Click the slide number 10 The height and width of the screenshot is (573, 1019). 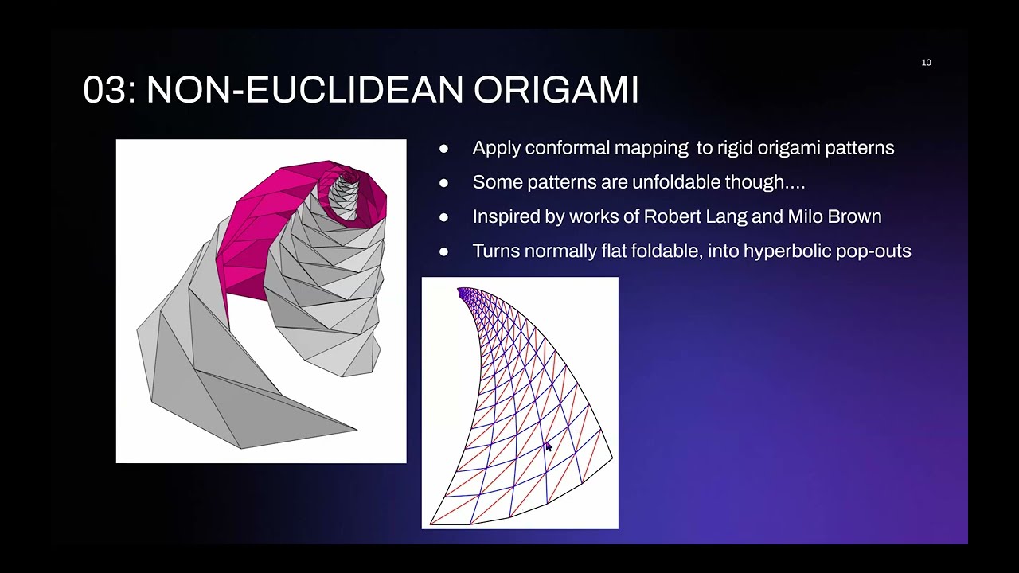click(926, 63)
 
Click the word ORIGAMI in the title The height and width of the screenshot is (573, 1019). click(556, 91)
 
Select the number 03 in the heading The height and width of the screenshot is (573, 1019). click(104, 91)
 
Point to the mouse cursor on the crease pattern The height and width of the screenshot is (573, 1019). click(548, 447)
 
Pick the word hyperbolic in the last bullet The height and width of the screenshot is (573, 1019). click(786, 251)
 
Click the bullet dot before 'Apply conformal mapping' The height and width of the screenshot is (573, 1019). click(443, 149)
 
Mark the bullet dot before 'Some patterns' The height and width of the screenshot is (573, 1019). click(443, 183)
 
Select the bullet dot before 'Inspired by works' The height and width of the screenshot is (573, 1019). click(443, 217)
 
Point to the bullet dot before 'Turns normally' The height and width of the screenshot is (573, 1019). click(443, 251)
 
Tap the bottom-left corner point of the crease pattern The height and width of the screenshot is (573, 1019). click(431, 524)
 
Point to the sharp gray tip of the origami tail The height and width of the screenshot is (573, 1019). click(356, 430)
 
